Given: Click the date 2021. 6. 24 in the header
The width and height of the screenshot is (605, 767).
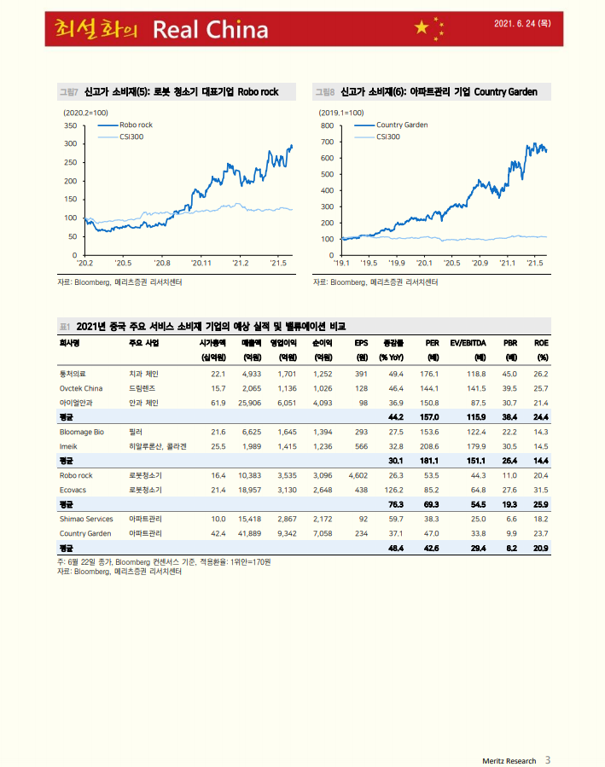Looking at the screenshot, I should point(522,24).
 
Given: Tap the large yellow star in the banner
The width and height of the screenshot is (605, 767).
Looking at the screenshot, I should point(422,29).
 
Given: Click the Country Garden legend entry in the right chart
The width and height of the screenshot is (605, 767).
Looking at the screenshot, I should point(402,125).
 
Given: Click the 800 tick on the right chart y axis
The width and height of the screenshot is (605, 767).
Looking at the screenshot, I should point(326,125).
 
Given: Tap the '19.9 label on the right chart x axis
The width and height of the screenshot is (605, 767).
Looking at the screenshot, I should point(396,264).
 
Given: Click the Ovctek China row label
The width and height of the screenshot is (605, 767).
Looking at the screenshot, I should point(81,387).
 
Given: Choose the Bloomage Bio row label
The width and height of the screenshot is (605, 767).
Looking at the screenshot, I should point(82,432).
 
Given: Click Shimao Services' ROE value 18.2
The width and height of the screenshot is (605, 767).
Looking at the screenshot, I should point(540,519).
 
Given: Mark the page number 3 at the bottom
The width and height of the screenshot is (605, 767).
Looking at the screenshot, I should point(548,759).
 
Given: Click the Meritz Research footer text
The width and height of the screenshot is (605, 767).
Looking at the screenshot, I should point(509,760).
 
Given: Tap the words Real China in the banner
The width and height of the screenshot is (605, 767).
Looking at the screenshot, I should point(210,31).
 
